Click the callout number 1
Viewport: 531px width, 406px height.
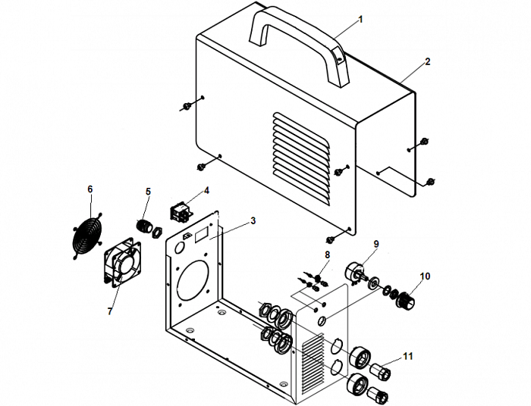360,19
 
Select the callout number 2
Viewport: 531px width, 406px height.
427,61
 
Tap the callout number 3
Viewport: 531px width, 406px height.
253,220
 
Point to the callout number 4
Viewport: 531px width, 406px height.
206,189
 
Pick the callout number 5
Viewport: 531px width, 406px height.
148,192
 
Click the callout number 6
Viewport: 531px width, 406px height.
90,188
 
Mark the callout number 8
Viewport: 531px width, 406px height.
327,255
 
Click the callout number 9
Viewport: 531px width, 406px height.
375,244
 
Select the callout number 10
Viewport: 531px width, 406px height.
425,276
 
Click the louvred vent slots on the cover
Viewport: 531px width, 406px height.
302,159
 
